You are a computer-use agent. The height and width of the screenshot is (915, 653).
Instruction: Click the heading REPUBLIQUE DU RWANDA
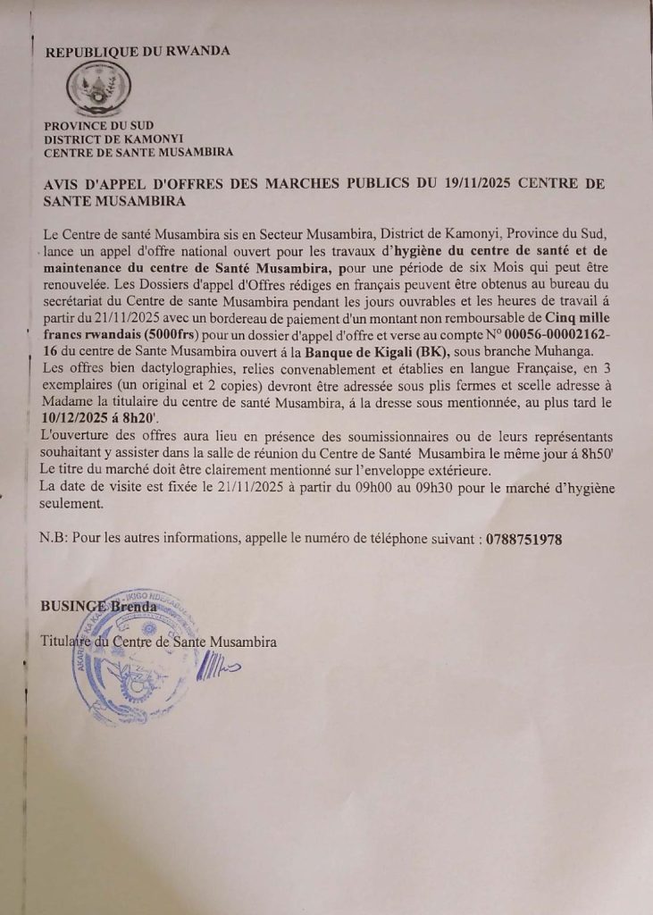(137, 51)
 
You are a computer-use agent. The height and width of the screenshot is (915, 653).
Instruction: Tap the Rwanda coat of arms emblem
(99, 89)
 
